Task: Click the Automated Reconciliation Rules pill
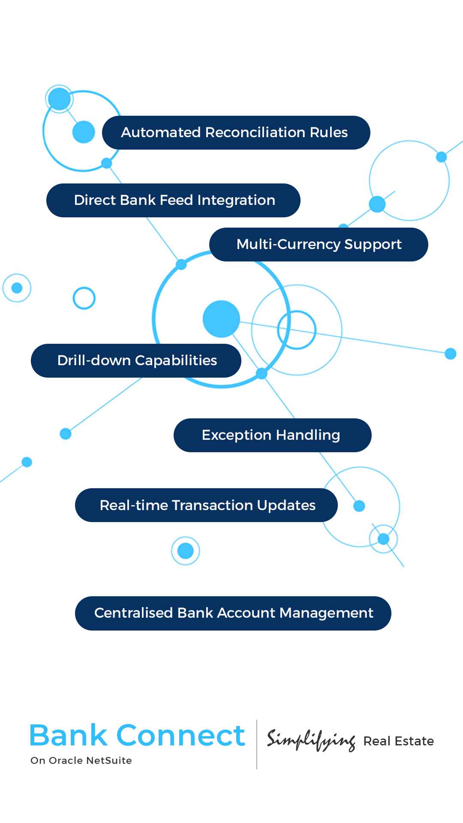[x=236, y=132]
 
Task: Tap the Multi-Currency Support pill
[x=319, y=244]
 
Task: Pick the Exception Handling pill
[x=272, y=435]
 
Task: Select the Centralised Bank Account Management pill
[x=233, y=613]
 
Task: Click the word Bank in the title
[x=69, y=736]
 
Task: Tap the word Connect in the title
[x=180, y=736]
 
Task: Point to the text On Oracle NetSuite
[x=81, y=760]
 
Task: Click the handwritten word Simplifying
[x=311, y=741]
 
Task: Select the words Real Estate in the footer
[x=399, y=741]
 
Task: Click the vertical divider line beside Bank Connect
[x=257, y=745]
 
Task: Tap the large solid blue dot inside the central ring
[x=221, y=319]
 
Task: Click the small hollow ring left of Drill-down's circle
[x=84, y=298]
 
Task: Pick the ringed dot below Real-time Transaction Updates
[x=186, y=551]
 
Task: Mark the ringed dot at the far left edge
[x=17, y=288]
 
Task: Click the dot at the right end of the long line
[x=451, y=354]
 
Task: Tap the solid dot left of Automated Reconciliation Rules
[x=84, y=132]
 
